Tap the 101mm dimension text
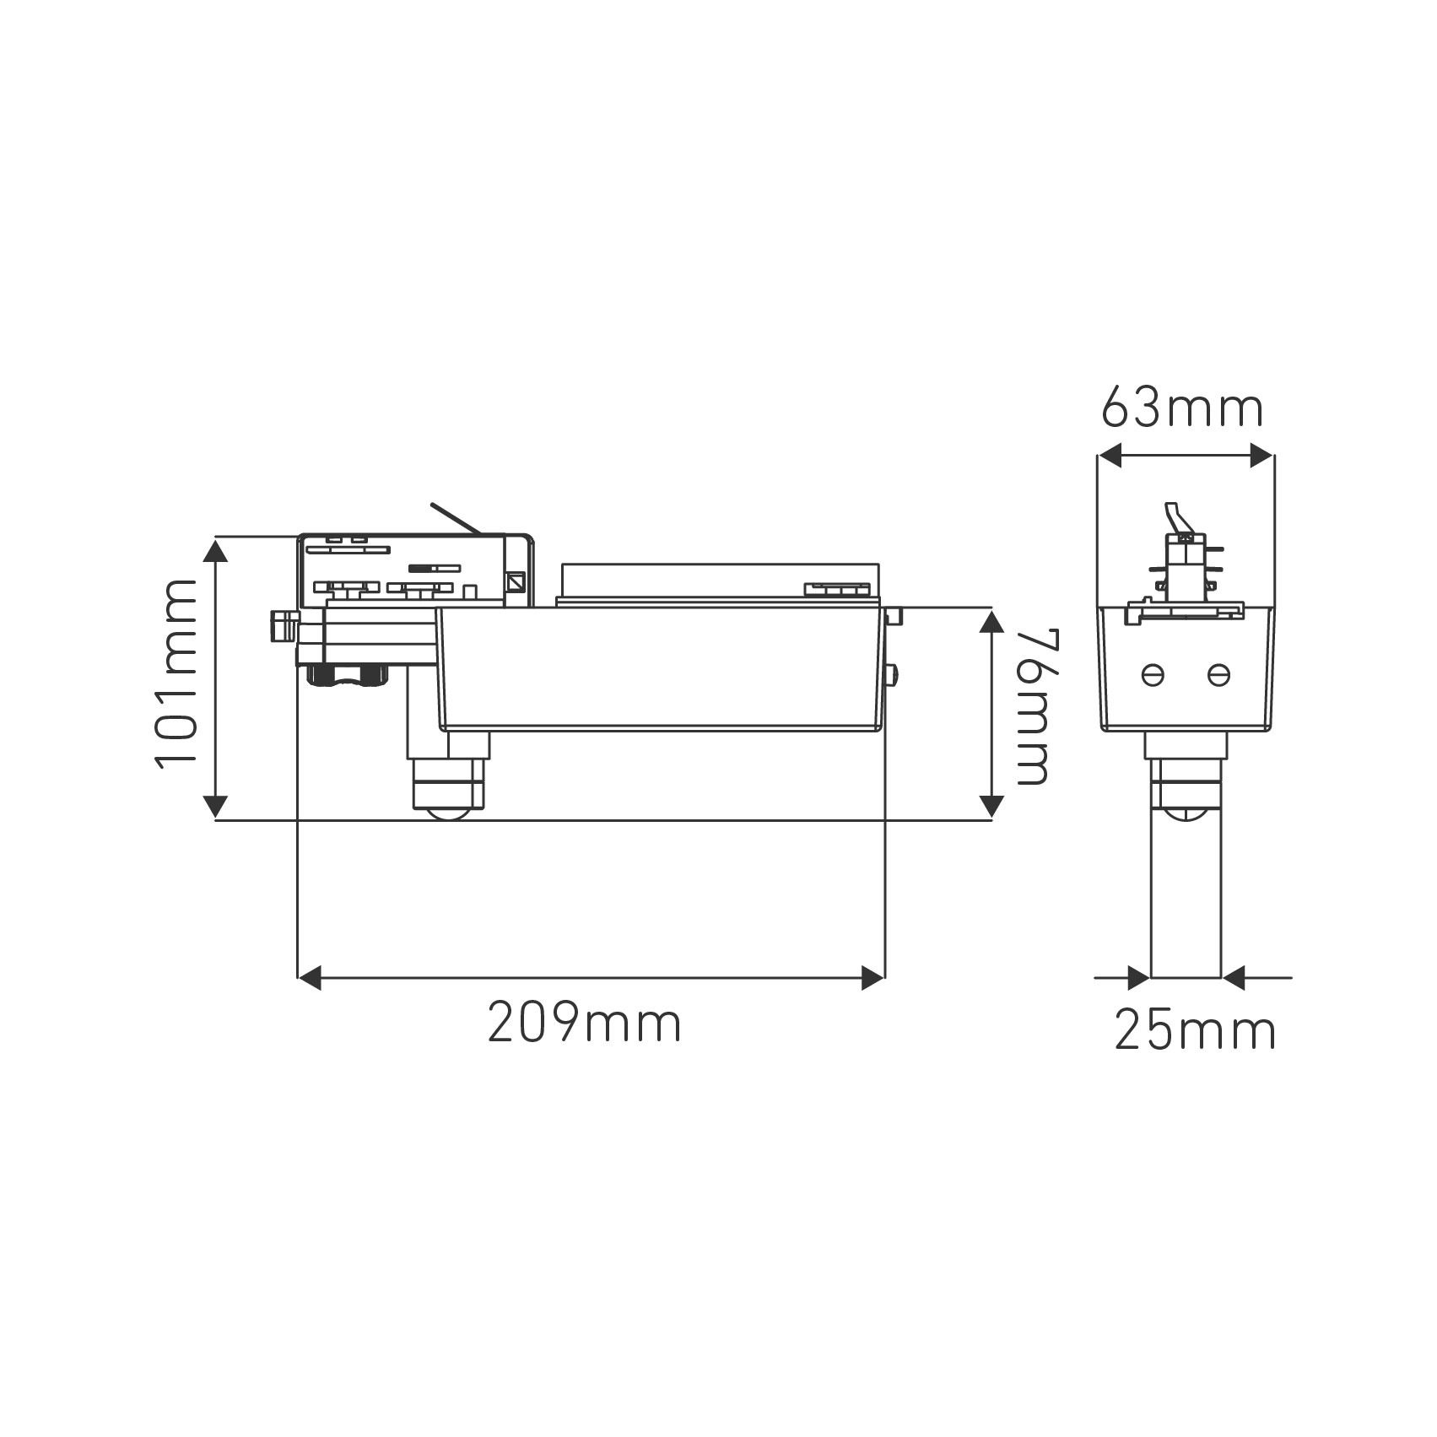(176, 673)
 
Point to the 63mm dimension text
(1183, 409)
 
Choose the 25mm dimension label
(1196, 1030)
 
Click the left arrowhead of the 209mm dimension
(311, 978)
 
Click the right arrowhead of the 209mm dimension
(872, 978)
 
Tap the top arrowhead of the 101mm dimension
(217, 551)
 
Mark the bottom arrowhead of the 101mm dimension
(217, 807)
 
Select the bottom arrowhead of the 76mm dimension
(992, 807)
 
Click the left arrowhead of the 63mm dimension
(1109, 456)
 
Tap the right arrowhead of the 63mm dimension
(1261, 456)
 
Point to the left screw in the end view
(1151, 674)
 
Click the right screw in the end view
(1218, 674)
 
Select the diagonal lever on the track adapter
(455, 519)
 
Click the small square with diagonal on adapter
(514, 581)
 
